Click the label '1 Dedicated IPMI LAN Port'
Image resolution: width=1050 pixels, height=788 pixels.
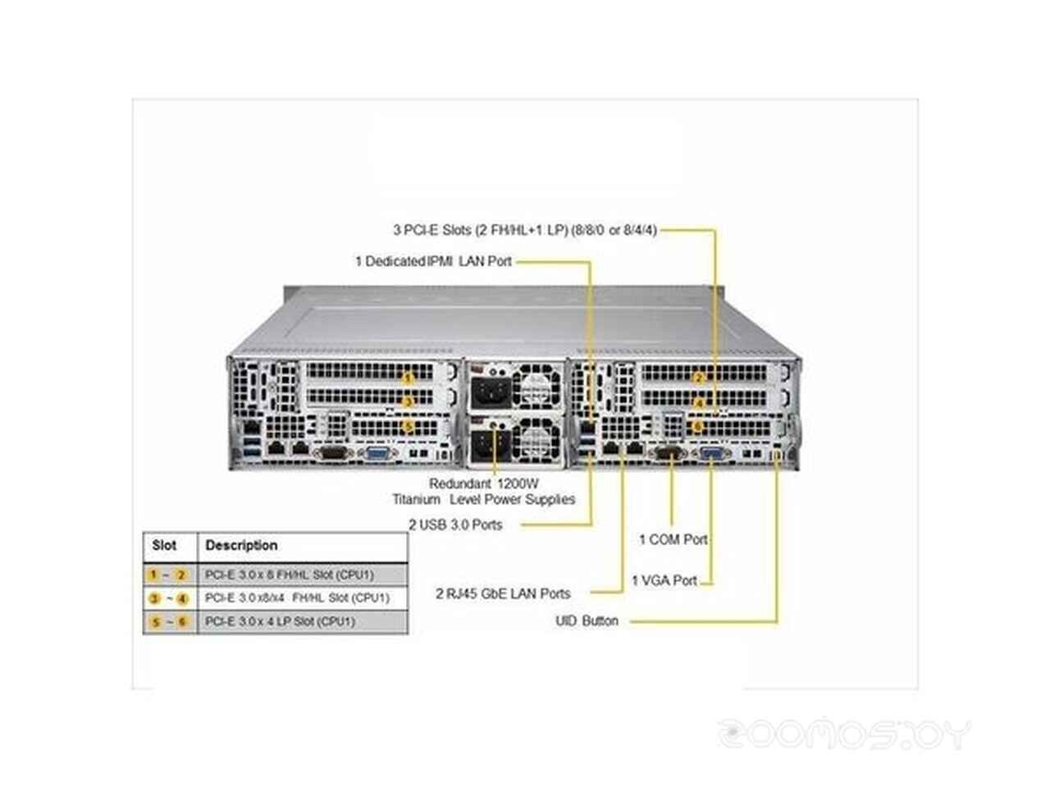tap(433, 261)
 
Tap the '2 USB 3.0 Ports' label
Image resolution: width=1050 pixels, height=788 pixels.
tap(456, 525)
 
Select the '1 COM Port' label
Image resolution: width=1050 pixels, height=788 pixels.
tap(673, 539)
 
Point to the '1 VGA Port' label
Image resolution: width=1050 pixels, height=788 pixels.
tap(664, 580)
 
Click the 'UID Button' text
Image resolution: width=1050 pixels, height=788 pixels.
tap(587, 621)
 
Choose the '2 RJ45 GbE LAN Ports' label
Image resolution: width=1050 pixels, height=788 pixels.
tap(503, 593)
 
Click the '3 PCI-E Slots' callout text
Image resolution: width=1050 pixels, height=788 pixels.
tap(525, 230)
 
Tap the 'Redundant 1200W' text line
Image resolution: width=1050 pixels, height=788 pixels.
tap(484, 483)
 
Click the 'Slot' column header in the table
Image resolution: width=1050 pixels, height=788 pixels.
tap(164, 545)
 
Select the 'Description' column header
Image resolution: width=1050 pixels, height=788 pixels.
tap(241, 545)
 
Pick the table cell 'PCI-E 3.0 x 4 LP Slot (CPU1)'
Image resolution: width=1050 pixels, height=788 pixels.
tap(280, 621)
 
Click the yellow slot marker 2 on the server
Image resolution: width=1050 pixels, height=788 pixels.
tap(699, 378)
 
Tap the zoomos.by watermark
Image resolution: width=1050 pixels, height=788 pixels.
tap(845, 734)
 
